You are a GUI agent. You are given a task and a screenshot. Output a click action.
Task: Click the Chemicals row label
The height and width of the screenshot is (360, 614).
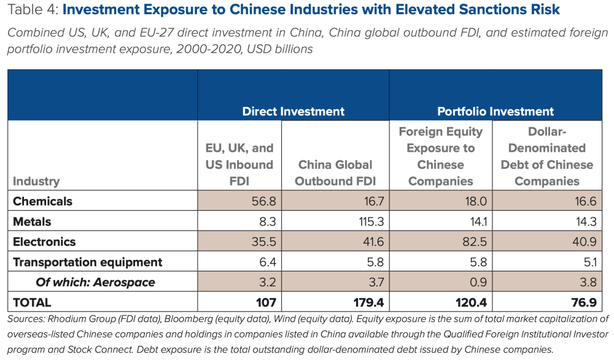[x=42, y=202]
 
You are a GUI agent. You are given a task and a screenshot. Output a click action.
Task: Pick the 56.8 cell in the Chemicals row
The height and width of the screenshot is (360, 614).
[x=262, y=202]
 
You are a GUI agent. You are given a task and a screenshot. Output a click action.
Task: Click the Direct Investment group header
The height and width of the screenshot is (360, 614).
[x=293, y=111]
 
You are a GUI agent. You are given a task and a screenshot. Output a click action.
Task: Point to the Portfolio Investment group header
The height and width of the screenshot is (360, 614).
[x=495, y=111]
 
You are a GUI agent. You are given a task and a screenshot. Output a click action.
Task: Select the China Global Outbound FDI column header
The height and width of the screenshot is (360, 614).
[x=335, y=173]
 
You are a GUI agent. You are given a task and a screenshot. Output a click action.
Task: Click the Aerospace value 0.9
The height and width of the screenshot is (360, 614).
[x=475, y=282]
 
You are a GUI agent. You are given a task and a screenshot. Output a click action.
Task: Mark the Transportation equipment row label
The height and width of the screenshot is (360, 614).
[x=87, y=262]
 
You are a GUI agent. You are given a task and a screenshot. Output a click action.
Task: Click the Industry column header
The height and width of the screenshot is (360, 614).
[x=36, y=181]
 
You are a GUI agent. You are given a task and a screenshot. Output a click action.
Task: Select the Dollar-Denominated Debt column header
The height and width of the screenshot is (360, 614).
[x=546, y=156]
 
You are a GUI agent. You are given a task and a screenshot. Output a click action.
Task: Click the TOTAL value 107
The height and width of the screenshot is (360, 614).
[x=263, y=302]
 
